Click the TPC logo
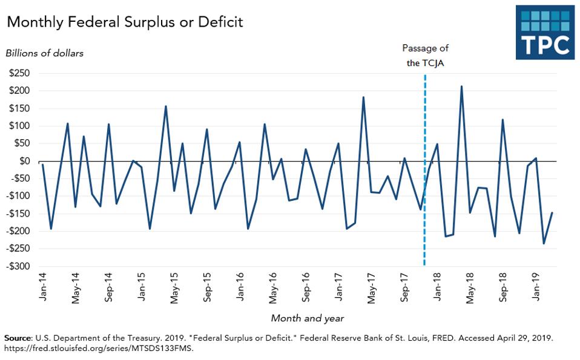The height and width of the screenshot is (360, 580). click(545, 33)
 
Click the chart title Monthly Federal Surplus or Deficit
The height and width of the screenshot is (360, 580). click(125, 22)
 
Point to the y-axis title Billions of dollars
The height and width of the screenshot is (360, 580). click(45, 53)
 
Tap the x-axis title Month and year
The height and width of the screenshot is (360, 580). click(307, 318)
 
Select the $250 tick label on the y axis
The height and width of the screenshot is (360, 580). click(19, 73)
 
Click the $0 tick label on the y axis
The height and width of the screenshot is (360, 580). click(25, 161)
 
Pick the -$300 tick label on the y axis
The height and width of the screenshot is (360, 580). click(18, 266)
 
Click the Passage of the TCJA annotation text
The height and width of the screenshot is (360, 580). click(425, 55)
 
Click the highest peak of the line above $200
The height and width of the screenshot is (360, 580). click(461, 87)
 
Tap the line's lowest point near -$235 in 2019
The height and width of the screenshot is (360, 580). click(544, 243)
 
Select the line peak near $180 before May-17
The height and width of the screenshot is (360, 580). click(363, 97)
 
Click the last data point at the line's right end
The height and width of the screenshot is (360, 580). click(552, 213)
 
